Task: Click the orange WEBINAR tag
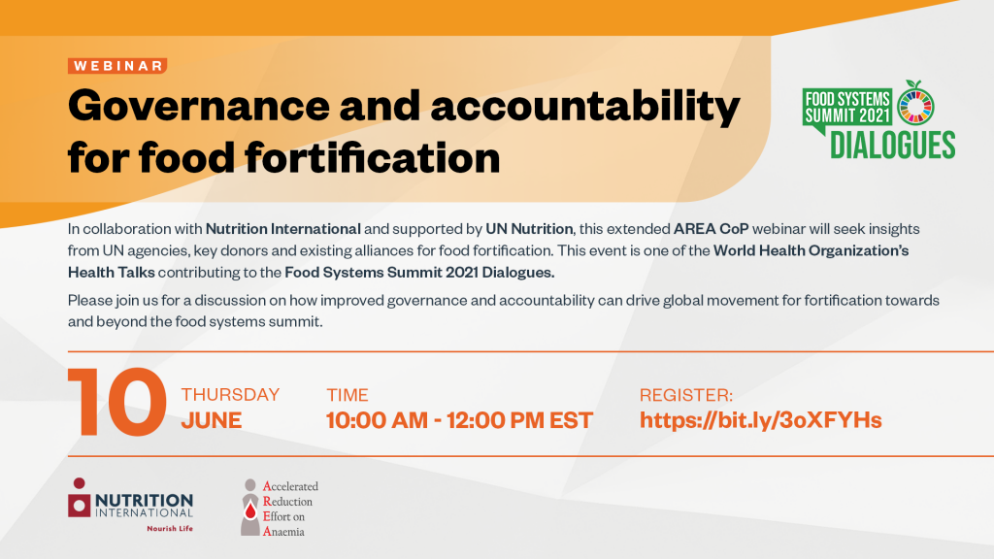pos(117,66)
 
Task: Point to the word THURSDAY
pos(230,395)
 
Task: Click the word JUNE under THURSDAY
pos(212,420)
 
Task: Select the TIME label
pos(348,395)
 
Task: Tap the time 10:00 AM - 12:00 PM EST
pos(459,420)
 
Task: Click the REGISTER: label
pos(686,395)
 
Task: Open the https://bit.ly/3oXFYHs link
pos(760,420)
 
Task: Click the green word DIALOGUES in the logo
pos(892,144)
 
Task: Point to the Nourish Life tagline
pos(169,529)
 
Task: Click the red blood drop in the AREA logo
pos(251,506)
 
